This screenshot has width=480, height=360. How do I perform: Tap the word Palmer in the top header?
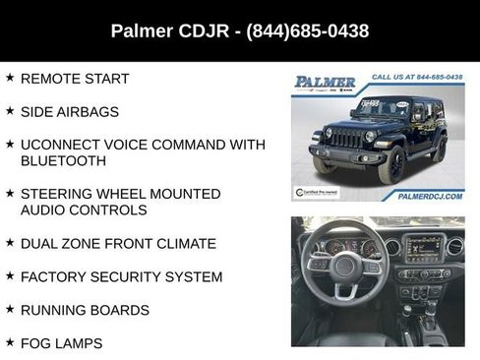pyautogui.click(x=145, y=30)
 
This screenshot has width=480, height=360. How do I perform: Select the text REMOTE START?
pyautogui.click(x=75, y=78)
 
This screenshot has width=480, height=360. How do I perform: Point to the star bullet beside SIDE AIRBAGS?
pyautogui.click(x=10, y=111)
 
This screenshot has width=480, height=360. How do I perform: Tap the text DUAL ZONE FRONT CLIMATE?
pyautogui.click(x=118, y=243)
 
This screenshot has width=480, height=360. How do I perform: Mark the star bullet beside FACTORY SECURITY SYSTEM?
pyautogui.click(x=10, y=276)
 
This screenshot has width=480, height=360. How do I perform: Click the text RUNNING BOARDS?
pyautogui.click(x=85, y=310)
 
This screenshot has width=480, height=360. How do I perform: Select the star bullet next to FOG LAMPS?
pyautogui.click(x=10, y=343)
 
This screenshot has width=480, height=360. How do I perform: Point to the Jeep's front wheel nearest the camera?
pyautogui.click(x=392, y=165)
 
